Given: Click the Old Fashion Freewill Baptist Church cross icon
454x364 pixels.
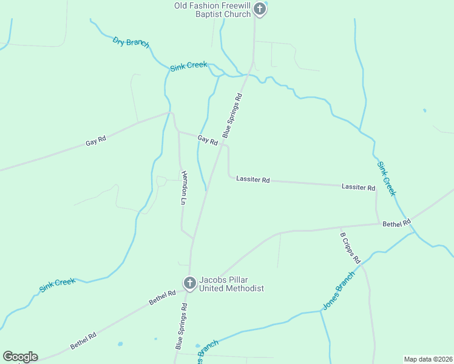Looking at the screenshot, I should (260, 8).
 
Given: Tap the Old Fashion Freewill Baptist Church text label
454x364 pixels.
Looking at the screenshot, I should (212, 10).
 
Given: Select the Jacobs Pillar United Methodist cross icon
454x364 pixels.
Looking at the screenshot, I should (189, 283).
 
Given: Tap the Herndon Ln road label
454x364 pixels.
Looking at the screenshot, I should (184, 187).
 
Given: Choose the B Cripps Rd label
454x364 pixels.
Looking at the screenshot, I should (350, 248).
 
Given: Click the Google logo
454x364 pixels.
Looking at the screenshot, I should (20, 356).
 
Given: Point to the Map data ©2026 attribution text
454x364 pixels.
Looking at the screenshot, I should (428, 359).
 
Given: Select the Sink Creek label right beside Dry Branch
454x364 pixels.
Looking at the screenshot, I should (189, 66).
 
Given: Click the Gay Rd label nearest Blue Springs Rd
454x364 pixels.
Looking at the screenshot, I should (208, 140).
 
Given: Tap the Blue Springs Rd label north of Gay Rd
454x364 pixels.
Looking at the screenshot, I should (232, 115).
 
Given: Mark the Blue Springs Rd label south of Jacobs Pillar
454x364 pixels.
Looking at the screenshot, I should (181, 326).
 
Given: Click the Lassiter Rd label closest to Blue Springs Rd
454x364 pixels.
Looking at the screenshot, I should (253, 180).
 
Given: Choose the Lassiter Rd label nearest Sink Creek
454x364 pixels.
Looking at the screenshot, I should (358, 187).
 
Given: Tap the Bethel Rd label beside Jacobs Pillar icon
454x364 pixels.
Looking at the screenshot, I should (163, 297).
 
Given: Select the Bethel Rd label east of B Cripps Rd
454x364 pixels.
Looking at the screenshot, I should (396, 223).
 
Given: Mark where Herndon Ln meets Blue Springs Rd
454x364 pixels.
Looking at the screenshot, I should (194, 238).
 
